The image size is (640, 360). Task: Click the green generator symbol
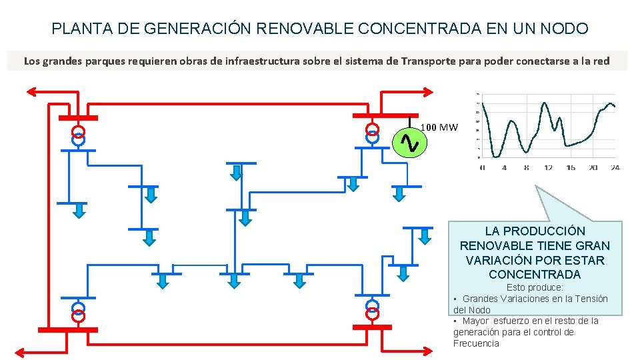[407, 141]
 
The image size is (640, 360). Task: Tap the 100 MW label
[439, 127]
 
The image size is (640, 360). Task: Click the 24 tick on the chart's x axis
[615, 167]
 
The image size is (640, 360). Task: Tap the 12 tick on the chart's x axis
[548, 167]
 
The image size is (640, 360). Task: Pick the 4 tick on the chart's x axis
[504, 167]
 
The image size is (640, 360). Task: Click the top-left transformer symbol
[79, 135]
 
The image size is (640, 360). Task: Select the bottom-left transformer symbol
[79, 311]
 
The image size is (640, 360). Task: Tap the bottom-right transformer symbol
[372, 311]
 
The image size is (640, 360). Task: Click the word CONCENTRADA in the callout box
[535, 274]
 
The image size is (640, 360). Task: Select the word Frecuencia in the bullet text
[476, 343]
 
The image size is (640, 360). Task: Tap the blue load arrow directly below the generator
[399, 193]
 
